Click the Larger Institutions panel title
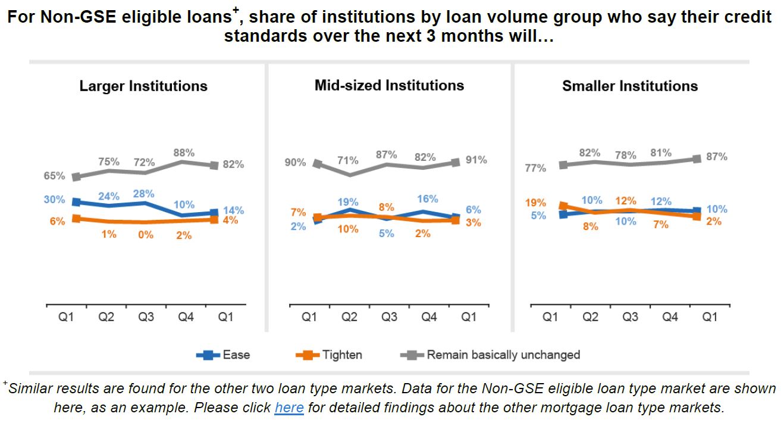(x=143, y=86)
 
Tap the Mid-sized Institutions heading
(x=389, y=85)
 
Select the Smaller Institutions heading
(x=630, y=86)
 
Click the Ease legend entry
(x=236, y=355)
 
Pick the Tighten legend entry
(x=341, y=355)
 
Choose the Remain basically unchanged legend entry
(x=503, y=355)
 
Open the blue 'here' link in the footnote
(x=289, y=408)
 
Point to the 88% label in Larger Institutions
(x=184, y=153)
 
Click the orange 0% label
(x=146, y=235)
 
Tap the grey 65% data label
(x=54, y=176)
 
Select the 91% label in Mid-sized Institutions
(x=476, y=160)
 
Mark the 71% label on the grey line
(x=348, y=160)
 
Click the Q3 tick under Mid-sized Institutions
(x=389, y=318)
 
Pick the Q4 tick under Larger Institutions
(x=186, y=318)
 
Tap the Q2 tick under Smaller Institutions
(x=590, y=318)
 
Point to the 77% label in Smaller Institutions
(x=535, y=168)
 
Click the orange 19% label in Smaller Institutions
(x=535, y=203)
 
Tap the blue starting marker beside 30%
(x=76, y=202)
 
